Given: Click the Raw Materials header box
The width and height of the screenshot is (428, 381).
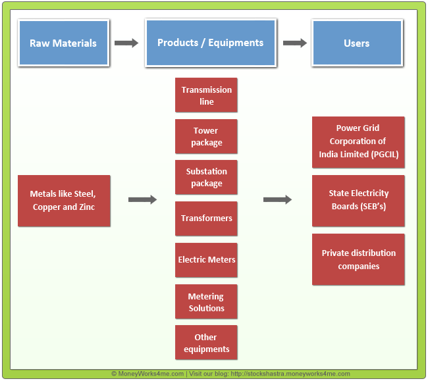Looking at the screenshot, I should click(63, 43).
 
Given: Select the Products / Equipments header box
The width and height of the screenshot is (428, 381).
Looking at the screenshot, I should click(210, 43).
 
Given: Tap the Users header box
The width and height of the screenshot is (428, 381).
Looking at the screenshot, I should click(356, 43).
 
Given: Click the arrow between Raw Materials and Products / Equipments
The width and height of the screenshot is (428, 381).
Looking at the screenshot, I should click(126, 43).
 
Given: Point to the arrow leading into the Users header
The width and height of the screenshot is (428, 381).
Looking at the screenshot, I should click(295, 43).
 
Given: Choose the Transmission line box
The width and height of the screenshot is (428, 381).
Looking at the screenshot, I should click(206, 95).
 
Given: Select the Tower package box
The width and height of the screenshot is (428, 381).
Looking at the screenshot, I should click(206, 136).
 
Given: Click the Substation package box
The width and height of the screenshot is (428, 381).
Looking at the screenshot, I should click(206, 177).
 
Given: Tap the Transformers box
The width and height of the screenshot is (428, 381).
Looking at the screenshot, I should click(206, 218).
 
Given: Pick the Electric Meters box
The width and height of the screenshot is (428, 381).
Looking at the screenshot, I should click(206, 259).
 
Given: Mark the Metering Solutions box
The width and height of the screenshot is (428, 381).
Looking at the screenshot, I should click(206, 302).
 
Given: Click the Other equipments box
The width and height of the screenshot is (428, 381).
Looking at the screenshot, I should click(206, 343).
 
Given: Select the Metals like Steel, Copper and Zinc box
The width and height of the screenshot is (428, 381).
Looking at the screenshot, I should click(63, 200).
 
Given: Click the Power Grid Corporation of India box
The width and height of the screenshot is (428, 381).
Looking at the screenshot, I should click(358, 141).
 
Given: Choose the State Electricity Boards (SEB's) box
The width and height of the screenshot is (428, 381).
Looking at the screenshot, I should click(358, 200).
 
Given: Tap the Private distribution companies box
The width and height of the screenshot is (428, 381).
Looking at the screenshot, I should click(358, 259).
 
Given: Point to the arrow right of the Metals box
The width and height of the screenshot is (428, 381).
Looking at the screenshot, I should click(142, 199).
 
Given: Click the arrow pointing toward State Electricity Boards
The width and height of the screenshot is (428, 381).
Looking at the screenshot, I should click(277, 199).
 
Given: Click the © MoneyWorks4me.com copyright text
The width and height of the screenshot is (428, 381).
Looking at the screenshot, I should click(147, 374).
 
